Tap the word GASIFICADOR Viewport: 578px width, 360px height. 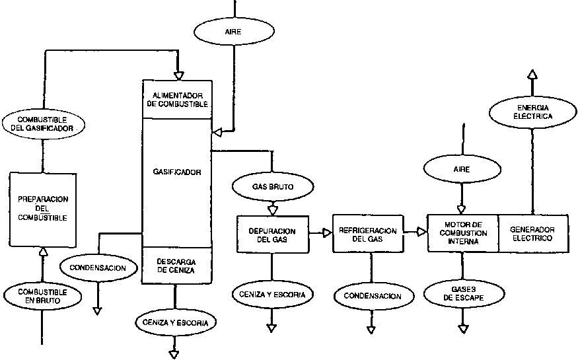[x=176, y=172]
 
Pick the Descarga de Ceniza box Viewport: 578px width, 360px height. [x=176, y=265]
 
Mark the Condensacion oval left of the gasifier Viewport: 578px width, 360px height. [x=98, y=268]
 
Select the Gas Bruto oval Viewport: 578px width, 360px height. [x=273, y=187]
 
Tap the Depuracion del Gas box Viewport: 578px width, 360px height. [x=271, y=234]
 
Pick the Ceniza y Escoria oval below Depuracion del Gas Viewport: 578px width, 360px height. [x=272, y=293]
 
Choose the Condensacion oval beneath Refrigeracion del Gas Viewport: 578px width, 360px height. [x=372, y=297]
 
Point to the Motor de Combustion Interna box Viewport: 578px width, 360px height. [x=462, y=233]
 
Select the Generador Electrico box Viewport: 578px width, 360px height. [x=532, y=233]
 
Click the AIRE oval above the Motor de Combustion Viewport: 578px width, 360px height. [x=462, y=170]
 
